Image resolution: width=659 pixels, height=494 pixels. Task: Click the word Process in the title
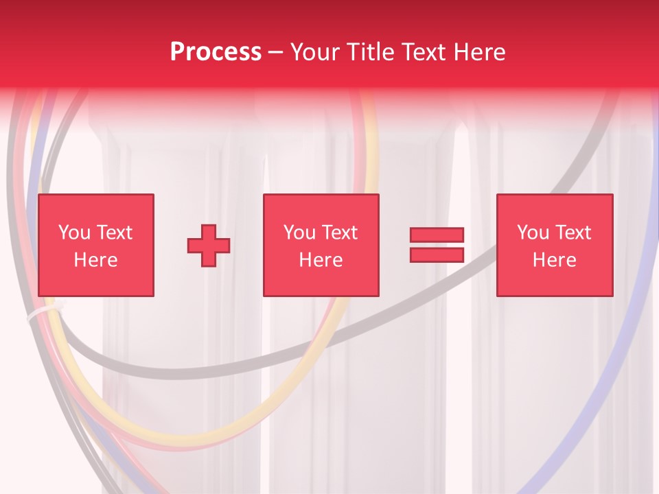(216, 52)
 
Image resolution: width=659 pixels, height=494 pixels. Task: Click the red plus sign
(209, 245)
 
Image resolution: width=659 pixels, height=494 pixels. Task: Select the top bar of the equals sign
(437, 235)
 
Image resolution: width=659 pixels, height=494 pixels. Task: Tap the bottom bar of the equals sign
(437, 255)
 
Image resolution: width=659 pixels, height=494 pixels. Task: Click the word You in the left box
(74, 233)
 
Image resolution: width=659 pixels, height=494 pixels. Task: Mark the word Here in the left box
(95, 260)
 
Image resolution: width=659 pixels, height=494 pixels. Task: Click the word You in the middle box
(299, 233)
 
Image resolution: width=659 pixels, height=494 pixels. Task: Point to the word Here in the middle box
(321, 260)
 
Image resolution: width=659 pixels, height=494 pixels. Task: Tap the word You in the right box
(533, 233)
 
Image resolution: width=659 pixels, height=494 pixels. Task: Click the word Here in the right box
(554, 260)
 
